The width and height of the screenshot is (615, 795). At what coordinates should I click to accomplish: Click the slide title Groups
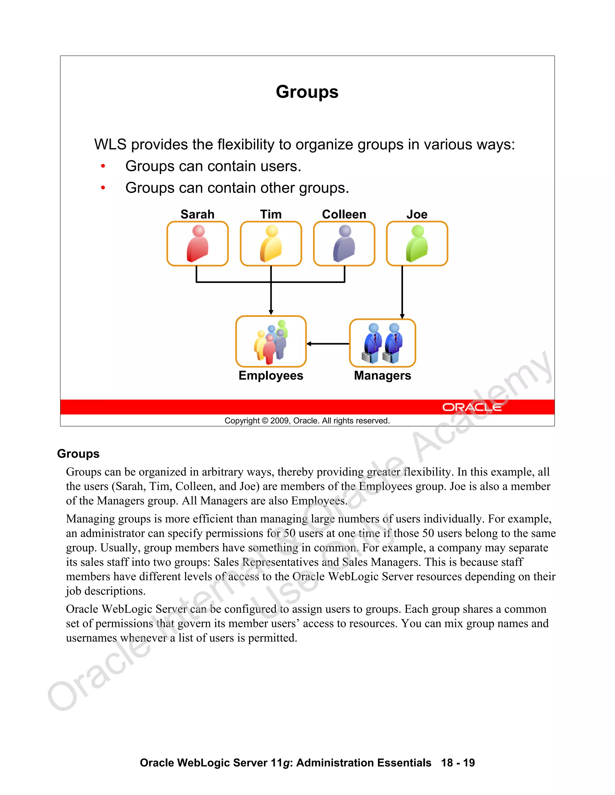coord(307,92)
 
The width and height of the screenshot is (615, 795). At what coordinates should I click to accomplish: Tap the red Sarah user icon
coord(198,244)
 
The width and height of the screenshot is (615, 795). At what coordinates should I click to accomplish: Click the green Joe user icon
coord(417,244)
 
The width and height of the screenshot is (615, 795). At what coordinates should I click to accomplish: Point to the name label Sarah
coord(198,214)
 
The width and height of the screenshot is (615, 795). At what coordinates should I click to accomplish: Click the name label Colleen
coord(344,214)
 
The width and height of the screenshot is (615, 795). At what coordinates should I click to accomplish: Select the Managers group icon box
coord(382,343)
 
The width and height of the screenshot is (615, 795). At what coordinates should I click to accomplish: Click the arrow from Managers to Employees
coord(328,343)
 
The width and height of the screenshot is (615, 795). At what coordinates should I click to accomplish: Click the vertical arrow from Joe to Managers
coord(402,291)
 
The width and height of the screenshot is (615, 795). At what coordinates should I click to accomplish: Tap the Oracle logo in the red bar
coord(472,407)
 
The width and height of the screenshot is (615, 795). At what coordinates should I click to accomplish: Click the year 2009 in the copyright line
coord(280,421)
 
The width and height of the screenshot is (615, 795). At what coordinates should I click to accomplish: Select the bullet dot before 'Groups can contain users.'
coord(103,166)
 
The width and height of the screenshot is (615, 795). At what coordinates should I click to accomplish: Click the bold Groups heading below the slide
coord(78,454)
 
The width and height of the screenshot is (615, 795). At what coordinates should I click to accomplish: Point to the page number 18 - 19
coord(458,763)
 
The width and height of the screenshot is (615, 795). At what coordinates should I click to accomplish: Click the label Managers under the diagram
coord(382,375)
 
